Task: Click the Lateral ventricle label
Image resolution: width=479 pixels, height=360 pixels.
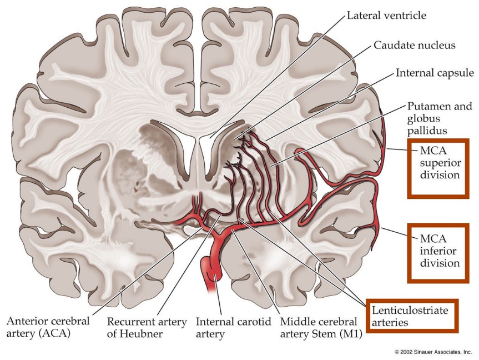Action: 386,16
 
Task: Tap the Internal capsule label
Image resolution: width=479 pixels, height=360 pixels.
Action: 435,73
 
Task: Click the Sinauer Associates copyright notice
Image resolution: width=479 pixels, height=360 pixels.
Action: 433,352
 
